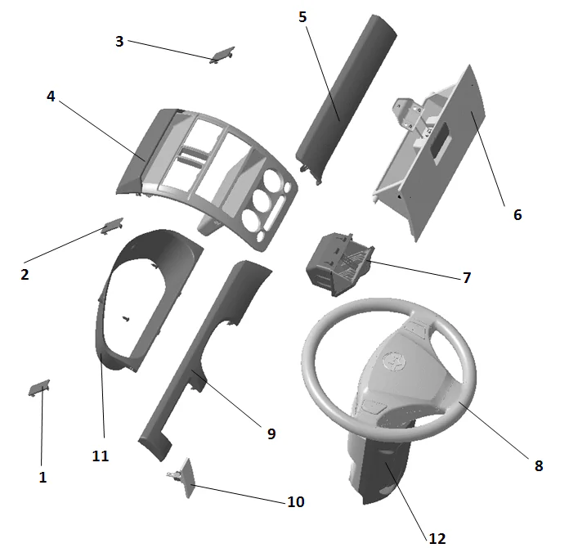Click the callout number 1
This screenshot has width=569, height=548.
(43, 477)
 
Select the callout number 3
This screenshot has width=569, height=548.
(119, 41)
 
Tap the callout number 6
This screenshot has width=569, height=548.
(517, 215)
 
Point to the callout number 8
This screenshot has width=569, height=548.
(538, 465)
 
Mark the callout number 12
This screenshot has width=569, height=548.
(437, 537)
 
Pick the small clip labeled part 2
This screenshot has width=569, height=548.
(112, 224)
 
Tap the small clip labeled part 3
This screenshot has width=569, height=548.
(222, 55)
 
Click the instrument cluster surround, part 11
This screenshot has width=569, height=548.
(114, 327)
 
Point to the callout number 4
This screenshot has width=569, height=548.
(51, 96)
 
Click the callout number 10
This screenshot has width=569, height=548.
(295, 501)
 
